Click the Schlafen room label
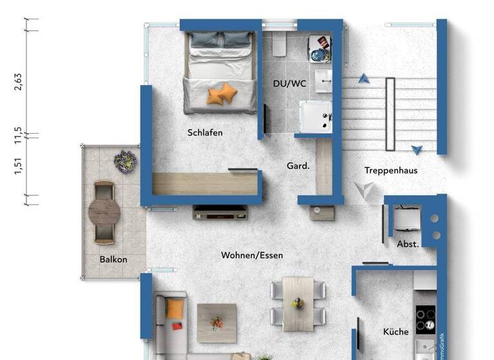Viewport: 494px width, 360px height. (205, 133)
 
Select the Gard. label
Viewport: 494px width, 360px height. (298, 166)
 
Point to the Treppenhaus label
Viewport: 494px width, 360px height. (391, 170)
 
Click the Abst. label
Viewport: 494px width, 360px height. (408, 244)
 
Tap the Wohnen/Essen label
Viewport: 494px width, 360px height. (252, 255)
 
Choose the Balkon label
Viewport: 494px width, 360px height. (113, 260)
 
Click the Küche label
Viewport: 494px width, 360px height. (396, 332)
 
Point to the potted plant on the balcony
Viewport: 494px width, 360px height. (125, 160)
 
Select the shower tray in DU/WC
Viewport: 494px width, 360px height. (316, 116)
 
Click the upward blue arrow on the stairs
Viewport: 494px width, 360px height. (364, 78)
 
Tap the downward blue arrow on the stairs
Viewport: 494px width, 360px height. (417, 150)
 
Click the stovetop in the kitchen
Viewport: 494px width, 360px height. (426, 318)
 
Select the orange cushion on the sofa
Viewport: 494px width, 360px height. (174, 309)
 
